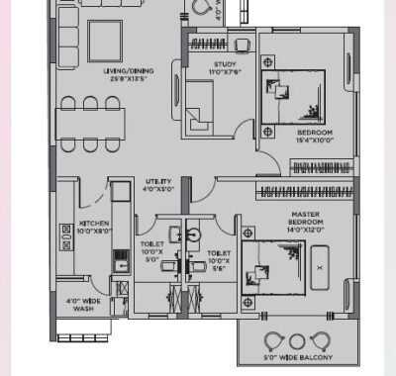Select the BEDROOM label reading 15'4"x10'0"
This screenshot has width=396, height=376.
tap(313, 137)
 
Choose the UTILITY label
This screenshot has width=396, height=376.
tap(158, 186)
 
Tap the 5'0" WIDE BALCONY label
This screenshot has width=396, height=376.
tap(297, 356)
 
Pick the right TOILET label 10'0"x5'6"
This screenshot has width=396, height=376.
tap(220, 259)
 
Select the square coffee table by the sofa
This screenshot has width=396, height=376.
tap(106, 40)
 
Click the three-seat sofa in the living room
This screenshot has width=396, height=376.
tap(65, 45)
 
